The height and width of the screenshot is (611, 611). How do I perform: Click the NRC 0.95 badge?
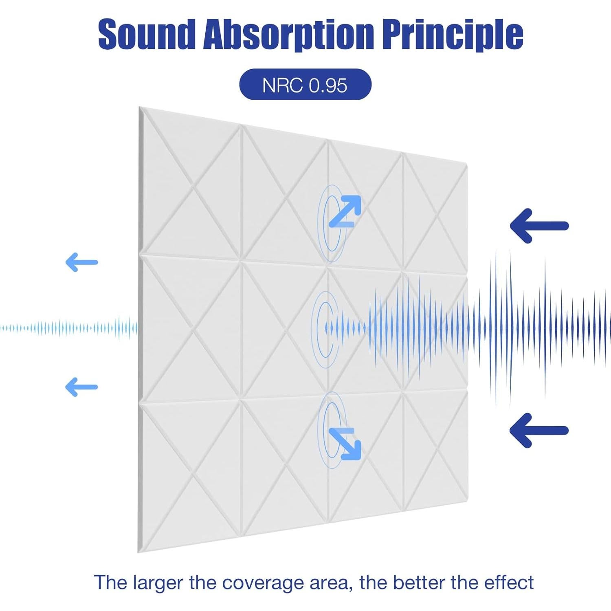[305, 85]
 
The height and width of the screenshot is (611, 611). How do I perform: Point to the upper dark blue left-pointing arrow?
[539, 226]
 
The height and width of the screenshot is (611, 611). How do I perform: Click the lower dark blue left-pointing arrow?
[539, 430]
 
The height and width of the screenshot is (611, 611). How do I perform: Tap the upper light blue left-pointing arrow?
[81, 262]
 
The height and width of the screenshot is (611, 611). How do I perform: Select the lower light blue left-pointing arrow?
[81, 387]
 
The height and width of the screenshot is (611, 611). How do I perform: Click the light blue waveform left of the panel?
[69, 328]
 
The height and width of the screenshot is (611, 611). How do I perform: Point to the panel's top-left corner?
[139, 107]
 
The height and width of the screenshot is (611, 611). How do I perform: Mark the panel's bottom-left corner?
[138, 553]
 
